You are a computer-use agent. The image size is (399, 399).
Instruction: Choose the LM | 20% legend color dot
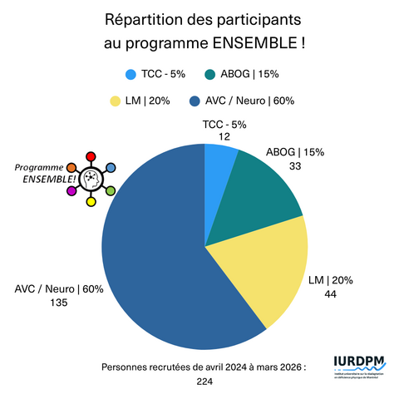(116, 101)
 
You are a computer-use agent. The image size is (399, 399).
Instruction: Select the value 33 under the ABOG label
(294, 166)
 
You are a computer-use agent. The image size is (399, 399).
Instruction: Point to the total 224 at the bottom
(204, 382)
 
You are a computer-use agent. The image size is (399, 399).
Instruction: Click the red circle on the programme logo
(91, 156)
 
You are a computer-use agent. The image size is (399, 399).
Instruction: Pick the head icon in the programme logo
(91, 180)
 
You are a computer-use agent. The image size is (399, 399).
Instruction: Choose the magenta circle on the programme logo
(71, 192)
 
